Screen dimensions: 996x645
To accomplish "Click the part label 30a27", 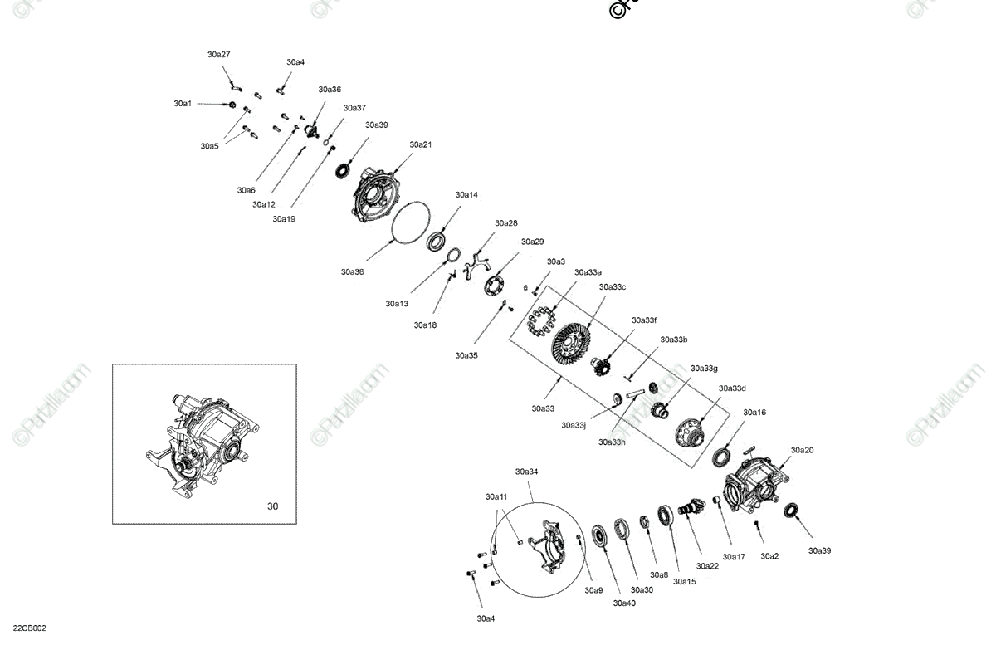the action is click(x=218, y=55).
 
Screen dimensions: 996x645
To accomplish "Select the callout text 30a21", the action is click(x=420, y=144).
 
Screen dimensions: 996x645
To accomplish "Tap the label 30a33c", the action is click(x=612, y=287).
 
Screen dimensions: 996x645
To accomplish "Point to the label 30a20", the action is click(x=802, y=450).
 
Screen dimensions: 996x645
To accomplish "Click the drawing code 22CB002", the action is click(x=29, y=628).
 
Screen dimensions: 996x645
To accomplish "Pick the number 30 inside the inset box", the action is click(x=273, y=506).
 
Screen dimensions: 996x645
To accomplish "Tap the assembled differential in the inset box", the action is click(x=204, y=444).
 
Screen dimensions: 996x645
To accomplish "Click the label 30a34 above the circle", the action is click(x=526, y=472).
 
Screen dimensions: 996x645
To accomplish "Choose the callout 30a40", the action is click(x=624, y=603).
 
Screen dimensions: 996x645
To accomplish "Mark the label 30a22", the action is click(x=707, y=566).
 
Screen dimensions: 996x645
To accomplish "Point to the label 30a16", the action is click(x=754, y=413).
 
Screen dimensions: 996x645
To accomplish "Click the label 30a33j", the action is click(x=574, y=425).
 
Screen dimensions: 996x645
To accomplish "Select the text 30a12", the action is click(x=264, y=204).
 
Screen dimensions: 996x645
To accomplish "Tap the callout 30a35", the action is click(x=466, y=355).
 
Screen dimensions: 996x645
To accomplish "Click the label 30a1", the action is click(x=183, y=104).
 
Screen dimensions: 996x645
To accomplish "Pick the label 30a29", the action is click(x=532, y=242).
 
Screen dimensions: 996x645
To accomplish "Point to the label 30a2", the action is click(x=769, y=556).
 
